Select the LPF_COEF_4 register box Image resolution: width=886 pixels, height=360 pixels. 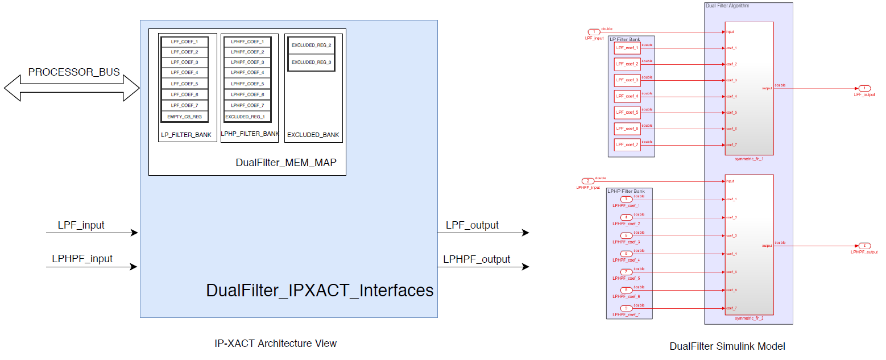185,73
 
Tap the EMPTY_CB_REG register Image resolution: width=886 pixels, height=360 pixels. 185,117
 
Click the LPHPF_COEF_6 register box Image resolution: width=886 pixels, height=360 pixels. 247,94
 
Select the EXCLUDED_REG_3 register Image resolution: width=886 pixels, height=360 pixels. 311,62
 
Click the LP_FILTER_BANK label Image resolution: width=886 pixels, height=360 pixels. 187,135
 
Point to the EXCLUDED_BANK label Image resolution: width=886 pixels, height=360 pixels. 313,135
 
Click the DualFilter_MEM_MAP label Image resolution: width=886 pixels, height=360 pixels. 286,163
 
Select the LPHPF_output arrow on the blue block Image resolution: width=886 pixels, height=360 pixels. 483,267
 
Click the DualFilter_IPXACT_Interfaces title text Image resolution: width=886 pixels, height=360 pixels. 320,291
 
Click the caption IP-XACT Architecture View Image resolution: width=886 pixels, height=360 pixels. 275,344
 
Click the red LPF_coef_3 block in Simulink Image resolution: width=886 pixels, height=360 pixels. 627,80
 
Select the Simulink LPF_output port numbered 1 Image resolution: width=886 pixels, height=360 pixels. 864,88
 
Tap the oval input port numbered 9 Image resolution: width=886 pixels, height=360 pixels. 626,308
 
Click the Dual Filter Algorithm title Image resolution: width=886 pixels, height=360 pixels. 727,6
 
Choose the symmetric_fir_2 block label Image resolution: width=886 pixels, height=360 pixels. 748,318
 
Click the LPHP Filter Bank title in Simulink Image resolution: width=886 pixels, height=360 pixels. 626,191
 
